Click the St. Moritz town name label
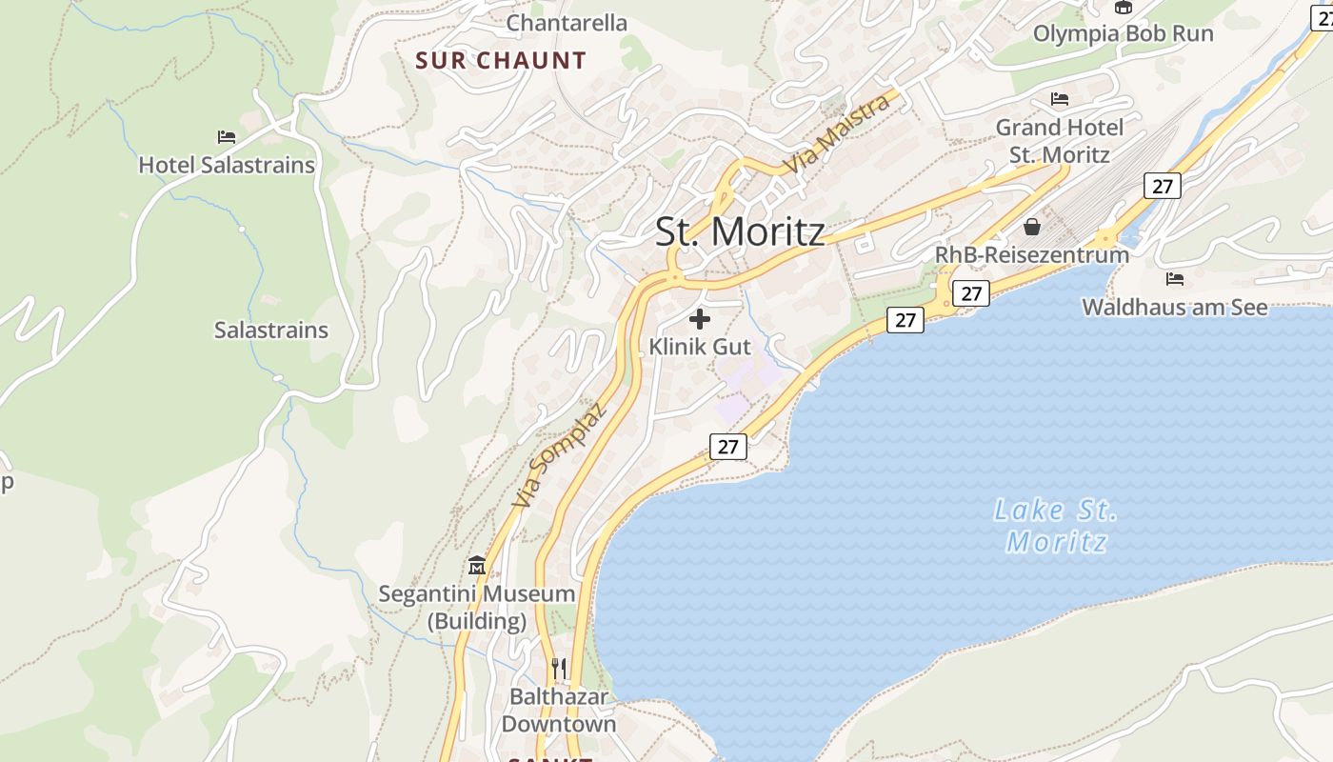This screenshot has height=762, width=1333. point(740,232)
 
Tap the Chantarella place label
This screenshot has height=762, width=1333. point(567,23)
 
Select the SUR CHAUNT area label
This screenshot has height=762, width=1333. point(501,61)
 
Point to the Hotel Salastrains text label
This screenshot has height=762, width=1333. point(227,165)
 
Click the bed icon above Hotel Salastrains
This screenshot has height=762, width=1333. point(227,137)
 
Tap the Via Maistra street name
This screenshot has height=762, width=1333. point(838,133)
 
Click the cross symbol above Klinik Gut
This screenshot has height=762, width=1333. point(700,319)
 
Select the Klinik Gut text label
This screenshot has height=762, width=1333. point(700,347)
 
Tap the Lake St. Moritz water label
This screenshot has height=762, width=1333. point(1056,526)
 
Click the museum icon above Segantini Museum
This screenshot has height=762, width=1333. point(477,566)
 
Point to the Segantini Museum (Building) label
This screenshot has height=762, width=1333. point(477,608)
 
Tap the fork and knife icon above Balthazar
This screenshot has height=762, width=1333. point(559,669)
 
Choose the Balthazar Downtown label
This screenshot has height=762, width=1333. point(559,711)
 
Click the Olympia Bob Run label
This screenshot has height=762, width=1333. point(1123,33)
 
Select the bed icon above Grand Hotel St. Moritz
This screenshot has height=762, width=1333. point(1060,99)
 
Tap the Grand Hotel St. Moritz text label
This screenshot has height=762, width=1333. point(1060,140)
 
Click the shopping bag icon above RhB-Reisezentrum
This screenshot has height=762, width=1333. point(1032,227)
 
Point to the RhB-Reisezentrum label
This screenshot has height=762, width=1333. point(1032,255)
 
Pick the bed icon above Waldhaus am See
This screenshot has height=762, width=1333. point(1175,279)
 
